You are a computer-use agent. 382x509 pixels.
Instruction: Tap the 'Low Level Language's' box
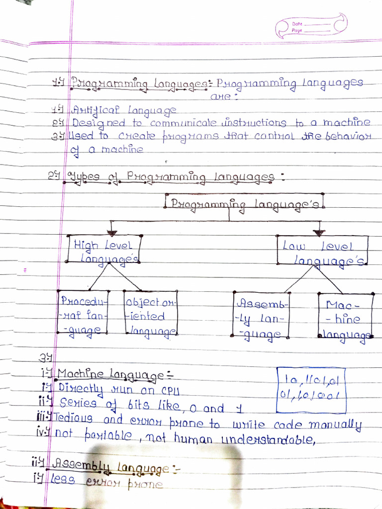323,251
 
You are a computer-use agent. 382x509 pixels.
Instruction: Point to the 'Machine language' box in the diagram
345,317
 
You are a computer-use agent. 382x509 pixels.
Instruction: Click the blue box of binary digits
311,390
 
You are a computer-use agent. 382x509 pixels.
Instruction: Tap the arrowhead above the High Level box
112,232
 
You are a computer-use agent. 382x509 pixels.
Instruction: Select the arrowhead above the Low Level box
319,232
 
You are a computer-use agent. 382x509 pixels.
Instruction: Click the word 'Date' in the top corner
297,24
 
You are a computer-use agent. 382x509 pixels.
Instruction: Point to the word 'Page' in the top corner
297,31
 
